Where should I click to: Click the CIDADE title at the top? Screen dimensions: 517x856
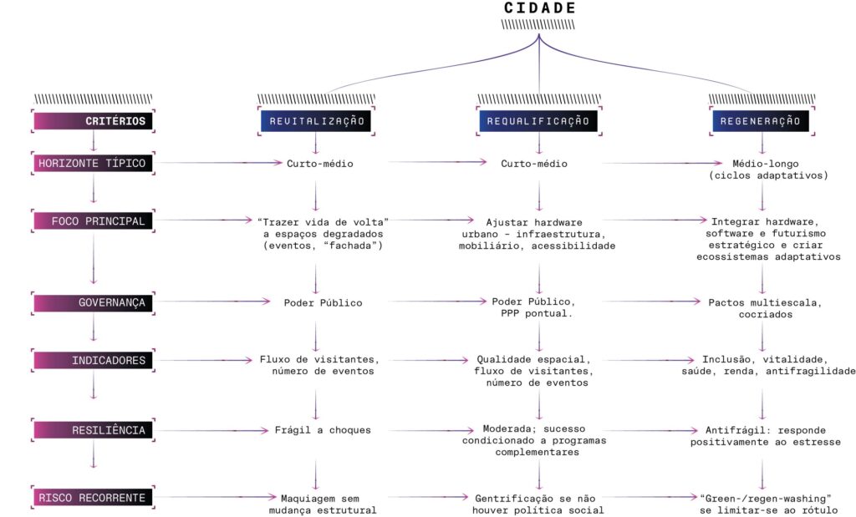tap(539, 8)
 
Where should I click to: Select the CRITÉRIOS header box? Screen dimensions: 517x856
tap(93, 121)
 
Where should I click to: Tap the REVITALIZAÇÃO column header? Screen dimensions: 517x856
tap(316, 121)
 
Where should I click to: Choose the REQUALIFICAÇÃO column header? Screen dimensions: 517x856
tap(539, 121)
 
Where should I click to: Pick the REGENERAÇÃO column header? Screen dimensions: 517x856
tap(761, 121)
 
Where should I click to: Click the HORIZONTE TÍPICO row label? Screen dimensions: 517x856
tap(93, 164)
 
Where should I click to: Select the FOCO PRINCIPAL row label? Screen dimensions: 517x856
tap(93, 221)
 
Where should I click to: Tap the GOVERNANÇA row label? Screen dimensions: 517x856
tap(93, 302)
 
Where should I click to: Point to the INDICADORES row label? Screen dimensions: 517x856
tap(93, 361)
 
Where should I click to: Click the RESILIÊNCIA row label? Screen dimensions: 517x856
tap(93, 430)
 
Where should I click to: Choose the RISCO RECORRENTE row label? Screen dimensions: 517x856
tap(93, 498)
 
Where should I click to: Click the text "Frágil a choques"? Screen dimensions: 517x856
tap(323, 430)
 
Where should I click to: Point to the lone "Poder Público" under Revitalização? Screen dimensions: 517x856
tap(323, 302)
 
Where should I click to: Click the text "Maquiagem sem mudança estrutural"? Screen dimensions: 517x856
tap(323, 504)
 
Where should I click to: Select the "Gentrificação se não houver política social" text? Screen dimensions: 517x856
tap(539, 504)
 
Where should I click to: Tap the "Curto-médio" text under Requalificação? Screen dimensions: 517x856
tap(534, 164)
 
